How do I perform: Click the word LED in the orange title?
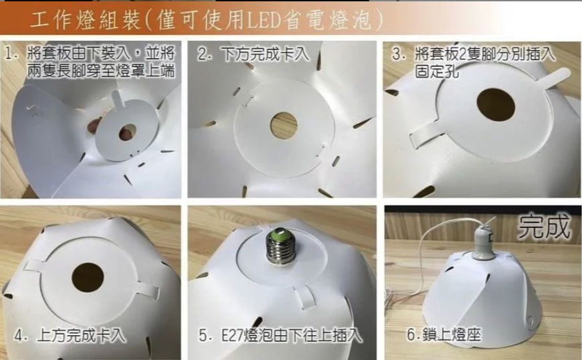264,19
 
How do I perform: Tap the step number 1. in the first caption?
12,54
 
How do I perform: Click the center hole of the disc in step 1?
127,132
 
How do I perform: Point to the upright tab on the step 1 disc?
118,98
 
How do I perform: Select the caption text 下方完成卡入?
265,54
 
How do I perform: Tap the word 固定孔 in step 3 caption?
438,72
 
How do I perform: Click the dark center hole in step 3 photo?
496,105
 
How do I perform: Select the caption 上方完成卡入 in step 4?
81,335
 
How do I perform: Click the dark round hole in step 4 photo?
88,278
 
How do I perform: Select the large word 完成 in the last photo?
544,226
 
